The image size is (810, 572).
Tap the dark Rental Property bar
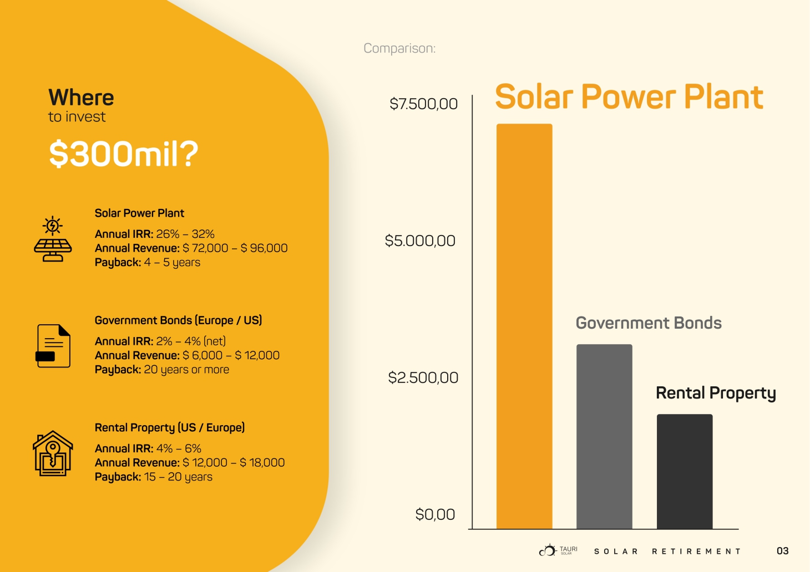pos(685,471)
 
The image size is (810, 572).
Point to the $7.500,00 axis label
pos(423,104)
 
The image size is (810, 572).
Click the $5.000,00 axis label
pos(420,241)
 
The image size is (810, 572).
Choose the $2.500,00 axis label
pos(423,377)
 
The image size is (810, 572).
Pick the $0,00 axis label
pos(435,514)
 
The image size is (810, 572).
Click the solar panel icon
pos(53,239)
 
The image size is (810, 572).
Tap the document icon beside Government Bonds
pos(53,346)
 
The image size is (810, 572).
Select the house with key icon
pos(53,453)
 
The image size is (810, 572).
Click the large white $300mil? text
pos(124,154)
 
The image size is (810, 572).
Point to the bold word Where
pos(81,98)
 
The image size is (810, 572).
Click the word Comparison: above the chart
pos(399,48)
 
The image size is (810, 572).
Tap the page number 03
pos(782,551)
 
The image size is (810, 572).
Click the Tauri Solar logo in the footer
pos(558,550)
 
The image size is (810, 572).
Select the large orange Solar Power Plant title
pos(629,97)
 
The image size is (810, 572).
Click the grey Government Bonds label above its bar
pos(649,323)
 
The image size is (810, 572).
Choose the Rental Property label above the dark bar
pos(716,393)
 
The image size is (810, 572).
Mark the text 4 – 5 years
pos(172,262)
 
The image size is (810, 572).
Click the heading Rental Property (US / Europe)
pos(170,427)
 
